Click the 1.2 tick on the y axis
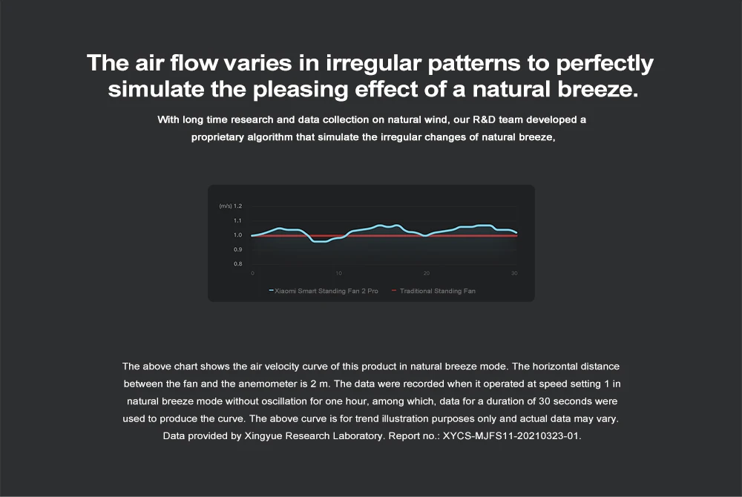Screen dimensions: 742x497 tap(237, 206)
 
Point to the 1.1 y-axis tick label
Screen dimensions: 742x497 tap(237, 221)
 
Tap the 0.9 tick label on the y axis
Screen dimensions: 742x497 tap(237, 250)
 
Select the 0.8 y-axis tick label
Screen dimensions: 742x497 tap(237, 264)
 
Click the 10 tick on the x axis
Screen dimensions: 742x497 tap(339, 273)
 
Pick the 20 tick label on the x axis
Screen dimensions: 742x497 tap(427, 273)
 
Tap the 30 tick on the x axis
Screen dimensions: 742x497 tap(514, 273)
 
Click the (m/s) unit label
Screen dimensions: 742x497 tap(226, 206)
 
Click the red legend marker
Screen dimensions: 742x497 tap(394, 290)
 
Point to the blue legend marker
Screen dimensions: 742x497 tap(271, 290)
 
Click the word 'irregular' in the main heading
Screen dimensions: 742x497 tap(373, 63)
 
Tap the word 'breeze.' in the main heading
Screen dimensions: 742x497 tap(597, 89)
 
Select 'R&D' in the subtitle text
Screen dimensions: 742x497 tap(484, 119)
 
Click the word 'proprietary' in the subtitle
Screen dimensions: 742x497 tap(218, 137)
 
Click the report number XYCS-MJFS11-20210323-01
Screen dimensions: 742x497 tap(511, 436)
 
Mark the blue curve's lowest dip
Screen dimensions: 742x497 tap(319, 241)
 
